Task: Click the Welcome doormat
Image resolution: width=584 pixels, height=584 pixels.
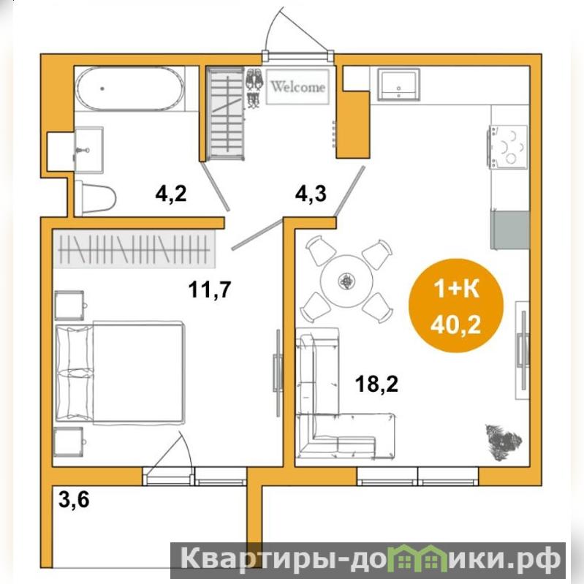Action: click(297, 86)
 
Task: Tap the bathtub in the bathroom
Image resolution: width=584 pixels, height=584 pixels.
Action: click(130, 88)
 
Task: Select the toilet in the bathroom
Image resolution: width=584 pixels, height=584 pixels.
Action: click(95, 197)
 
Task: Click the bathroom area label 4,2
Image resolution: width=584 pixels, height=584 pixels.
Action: click(170, 194)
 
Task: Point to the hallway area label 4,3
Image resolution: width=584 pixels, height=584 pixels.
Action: click(311, 194)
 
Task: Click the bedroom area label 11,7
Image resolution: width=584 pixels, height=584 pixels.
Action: click(210, 289)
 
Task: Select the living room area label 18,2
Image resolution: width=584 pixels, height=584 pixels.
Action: click(376, 384)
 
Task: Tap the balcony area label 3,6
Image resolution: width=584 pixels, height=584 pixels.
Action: click(74, 499)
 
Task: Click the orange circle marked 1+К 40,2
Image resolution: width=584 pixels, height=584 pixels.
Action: click(455, 306)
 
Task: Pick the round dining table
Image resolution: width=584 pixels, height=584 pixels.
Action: click(346, 281)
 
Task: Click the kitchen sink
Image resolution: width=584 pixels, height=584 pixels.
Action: click(398, 84)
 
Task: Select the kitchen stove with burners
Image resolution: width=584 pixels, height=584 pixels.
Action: click(509, 146)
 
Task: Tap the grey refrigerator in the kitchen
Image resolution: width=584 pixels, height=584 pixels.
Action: click(510, 230)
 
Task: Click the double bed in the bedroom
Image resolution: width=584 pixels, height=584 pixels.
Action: click(120, 373)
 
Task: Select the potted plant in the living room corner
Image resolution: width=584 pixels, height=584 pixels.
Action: click(504, 442)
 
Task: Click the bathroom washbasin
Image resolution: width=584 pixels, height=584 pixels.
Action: click(88, 150)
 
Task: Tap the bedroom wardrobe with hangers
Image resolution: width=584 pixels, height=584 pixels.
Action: click(134, 249)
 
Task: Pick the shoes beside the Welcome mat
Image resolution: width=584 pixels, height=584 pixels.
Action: click(254, 88)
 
